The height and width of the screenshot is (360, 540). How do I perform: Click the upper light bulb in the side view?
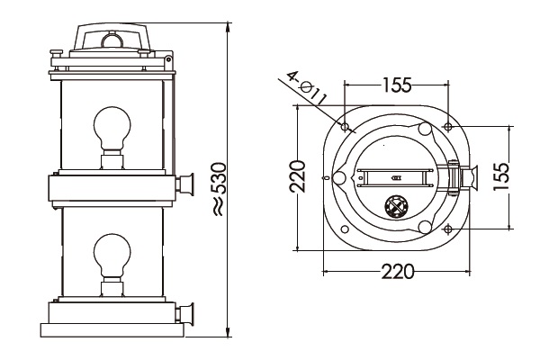click(x=112, y=129)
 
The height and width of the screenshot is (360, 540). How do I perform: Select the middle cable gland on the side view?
click(x=188, y=185)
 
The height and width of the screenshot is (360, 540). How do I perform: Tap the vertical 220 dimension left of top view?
click(x=297, y=179)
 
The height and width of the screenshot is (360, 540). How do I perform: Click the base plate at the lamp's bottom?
click(x=112, y=330)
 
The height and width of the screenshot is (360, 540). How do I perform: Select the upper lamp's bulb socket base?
click(x=112, y=160)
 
